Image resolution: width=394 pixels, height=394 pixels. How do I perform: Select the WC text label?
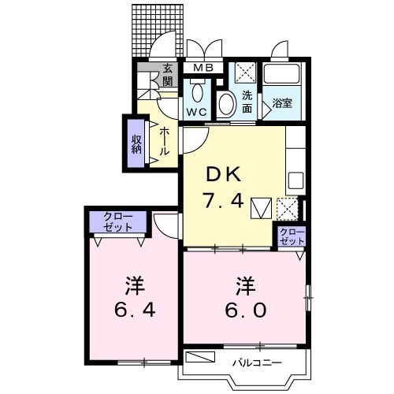point(196,113)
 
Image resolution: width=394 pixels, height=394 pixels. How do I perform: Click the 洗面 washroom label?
point(247,102)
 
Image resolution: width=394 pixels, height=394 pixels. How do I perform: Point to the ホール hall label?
point(164,142)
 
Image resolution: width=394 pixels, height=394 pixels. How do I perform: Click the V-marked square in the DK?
point(260,209)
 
